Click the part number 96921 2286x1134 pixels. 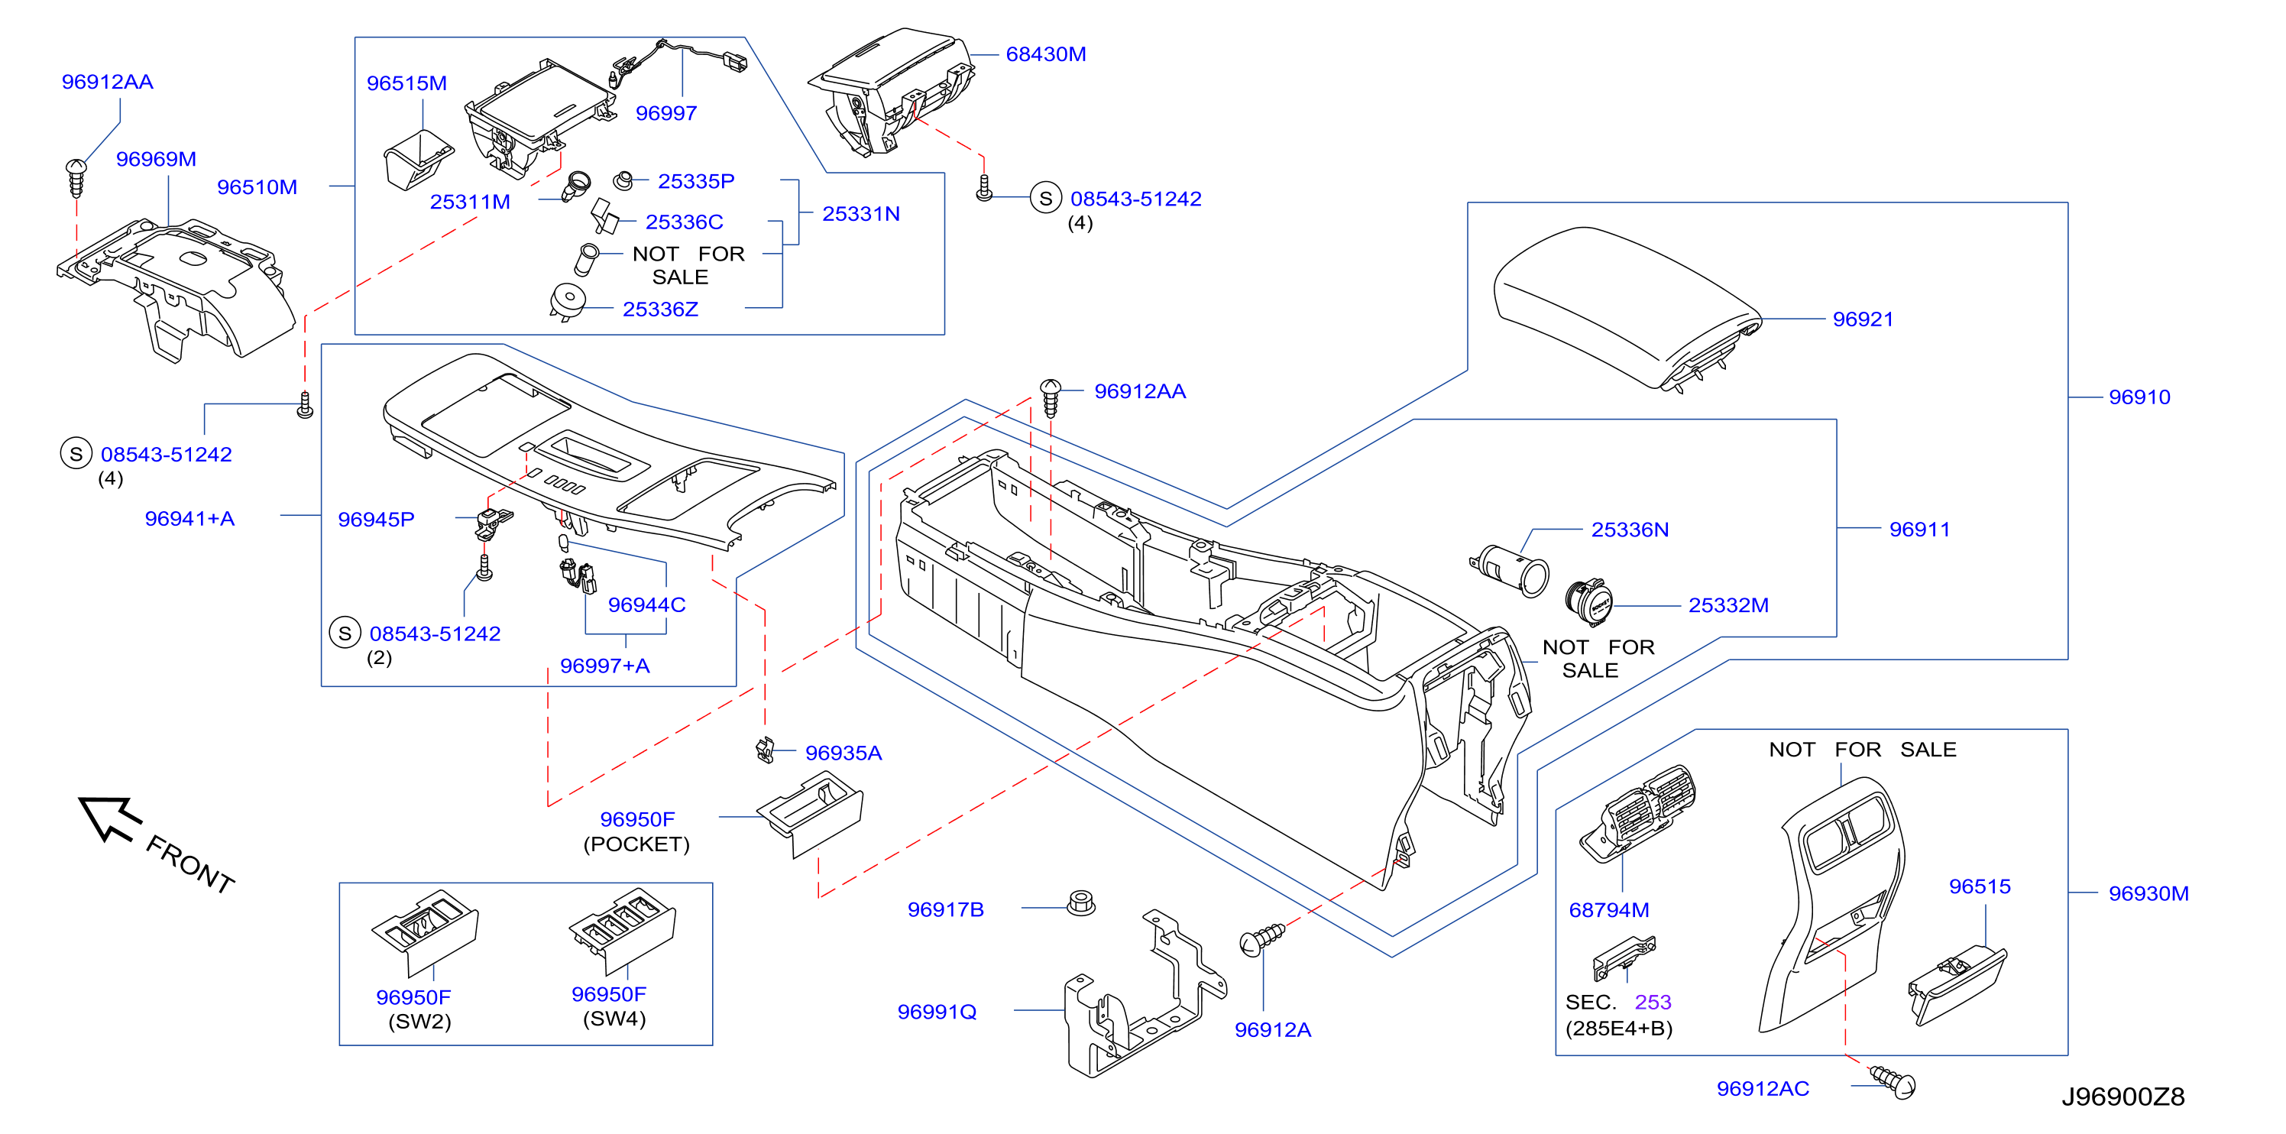(x=1862, y=319)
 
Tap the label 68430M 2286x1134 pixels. (x=1045, y=54)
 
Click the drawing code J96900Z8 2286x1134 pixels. (x=2122, y=1097)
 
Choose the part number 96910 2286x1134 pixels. (x=2139, y=397)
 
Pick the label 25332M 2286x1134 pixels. (x=1727, y=605)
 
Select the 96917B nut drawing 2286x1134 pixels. (x=1081, y=903)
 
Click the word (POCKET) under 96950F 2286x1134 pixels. (x=636, y=844)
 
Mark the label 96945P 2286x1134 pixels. (x=376, y=520)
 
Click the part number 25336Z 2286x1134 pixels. (x=660, y=309)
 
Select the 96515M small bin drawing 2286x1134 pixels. (x=418, y=160)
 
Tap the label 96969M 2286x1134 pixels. (x=156, y=160)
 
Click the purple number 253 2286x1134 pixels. (x=1653, y=1003)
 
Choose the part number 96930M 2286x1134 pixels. (x=2148, y=894)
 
